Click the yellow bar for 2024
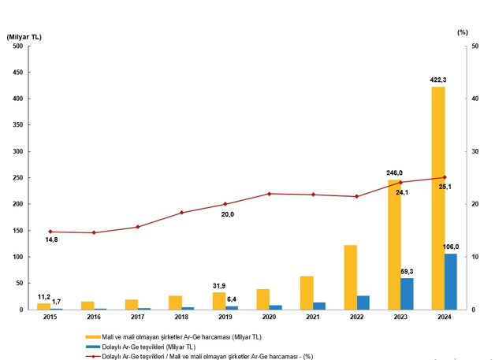(438, 198)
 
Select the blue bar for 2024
(451, 281)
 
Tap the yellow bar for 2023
(394, 244)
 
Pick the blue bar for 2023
(407, 294)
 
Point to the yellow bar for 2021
(307, 292)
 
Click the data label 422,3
(438, 80)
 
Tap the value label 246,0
(394, 173)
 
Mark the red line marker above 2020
(270, 194)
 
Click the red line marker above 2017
(138, 227)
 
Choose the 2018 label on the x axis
(181, 317)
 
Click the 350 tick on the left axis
(17, 125)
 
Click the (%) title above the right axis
(463, 32)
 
